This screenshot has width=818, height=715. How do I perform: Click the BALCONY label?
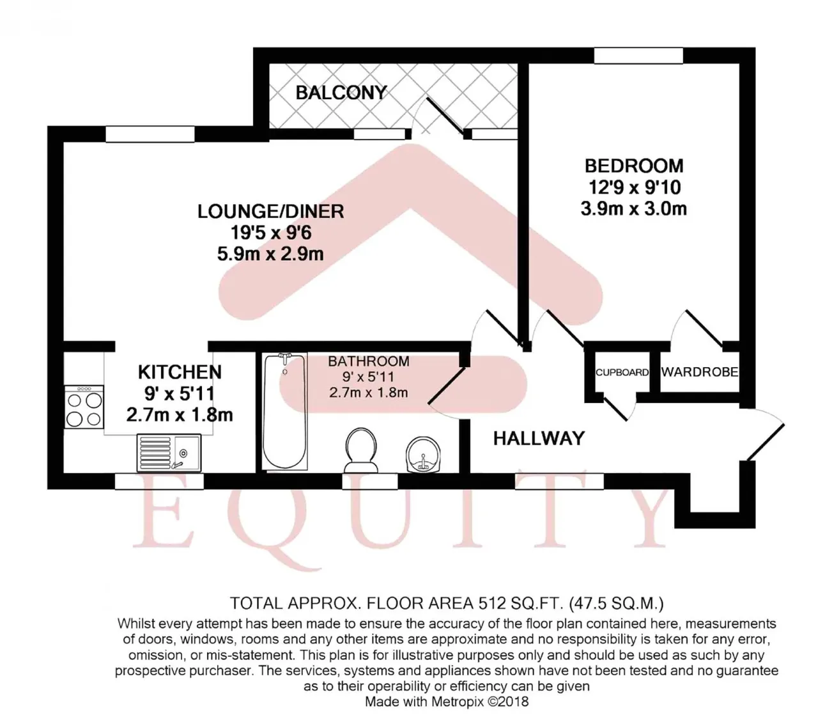point(341,93)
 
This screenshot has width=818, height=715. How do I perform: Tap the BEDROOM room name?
point(634,166)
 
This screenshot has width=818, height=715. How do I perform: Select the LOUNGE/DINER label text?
point(271,211)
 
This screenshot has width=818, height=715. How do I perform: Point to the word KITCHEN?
point(180,372)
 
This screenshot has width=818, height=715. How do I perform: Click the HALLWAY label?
point(539,439)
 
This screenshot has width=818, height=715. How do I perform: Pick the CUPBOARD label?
point(622,372)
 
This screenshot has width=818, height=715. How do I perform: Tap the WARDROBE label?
point(699,372)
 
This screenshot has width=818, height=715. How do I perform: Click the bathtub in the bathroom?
point(284,411)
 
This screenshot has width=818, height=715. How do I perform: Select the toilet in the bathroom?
point(362,450)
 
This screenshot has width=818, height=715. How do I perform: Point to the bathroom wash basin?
point(423,454)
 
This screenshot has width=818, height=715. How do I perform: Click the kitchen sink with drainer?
point(169,453)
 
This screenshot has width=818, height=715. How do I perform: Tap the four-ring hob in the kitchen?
point(84,407)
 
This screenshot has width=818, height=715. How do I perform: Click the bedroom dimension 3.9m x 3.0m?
point(634,209)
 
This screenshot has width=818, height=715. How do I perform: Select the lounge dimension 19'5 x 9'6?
point(271,233)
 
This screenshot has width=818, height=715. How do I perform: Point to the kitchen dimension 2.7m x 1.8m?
point(180,415)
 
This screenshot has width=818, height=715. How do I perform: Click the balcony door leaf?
point(445,116)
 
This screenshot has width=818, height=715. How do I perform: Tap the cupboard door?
point(615,409)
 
